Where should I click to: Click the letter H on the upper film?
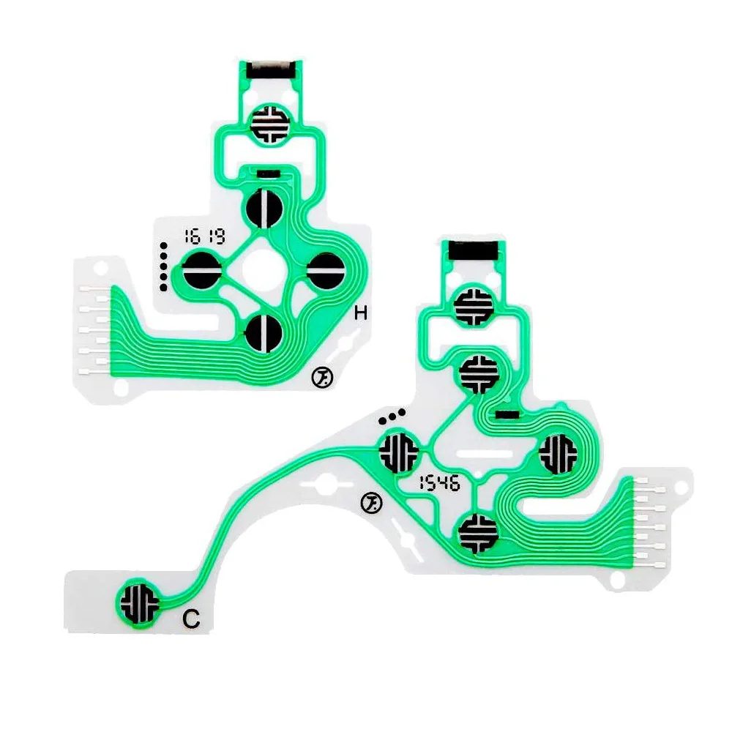coord(360,314)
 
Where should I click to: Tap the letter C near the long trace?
coord(191,619)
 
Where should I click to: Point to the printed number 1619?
coord(204,236)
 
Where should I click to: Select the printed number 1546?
coord(438,483)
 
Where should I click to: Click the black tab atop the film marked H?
coord(272,70)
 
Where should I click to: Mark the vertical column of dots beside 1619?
coord(165,266)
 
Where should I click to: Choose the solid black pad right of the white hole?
coord(324,271)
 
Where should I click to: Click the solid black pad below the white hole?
coord(264,332)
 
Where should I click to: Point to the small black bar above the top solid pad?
coord(268,174)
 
